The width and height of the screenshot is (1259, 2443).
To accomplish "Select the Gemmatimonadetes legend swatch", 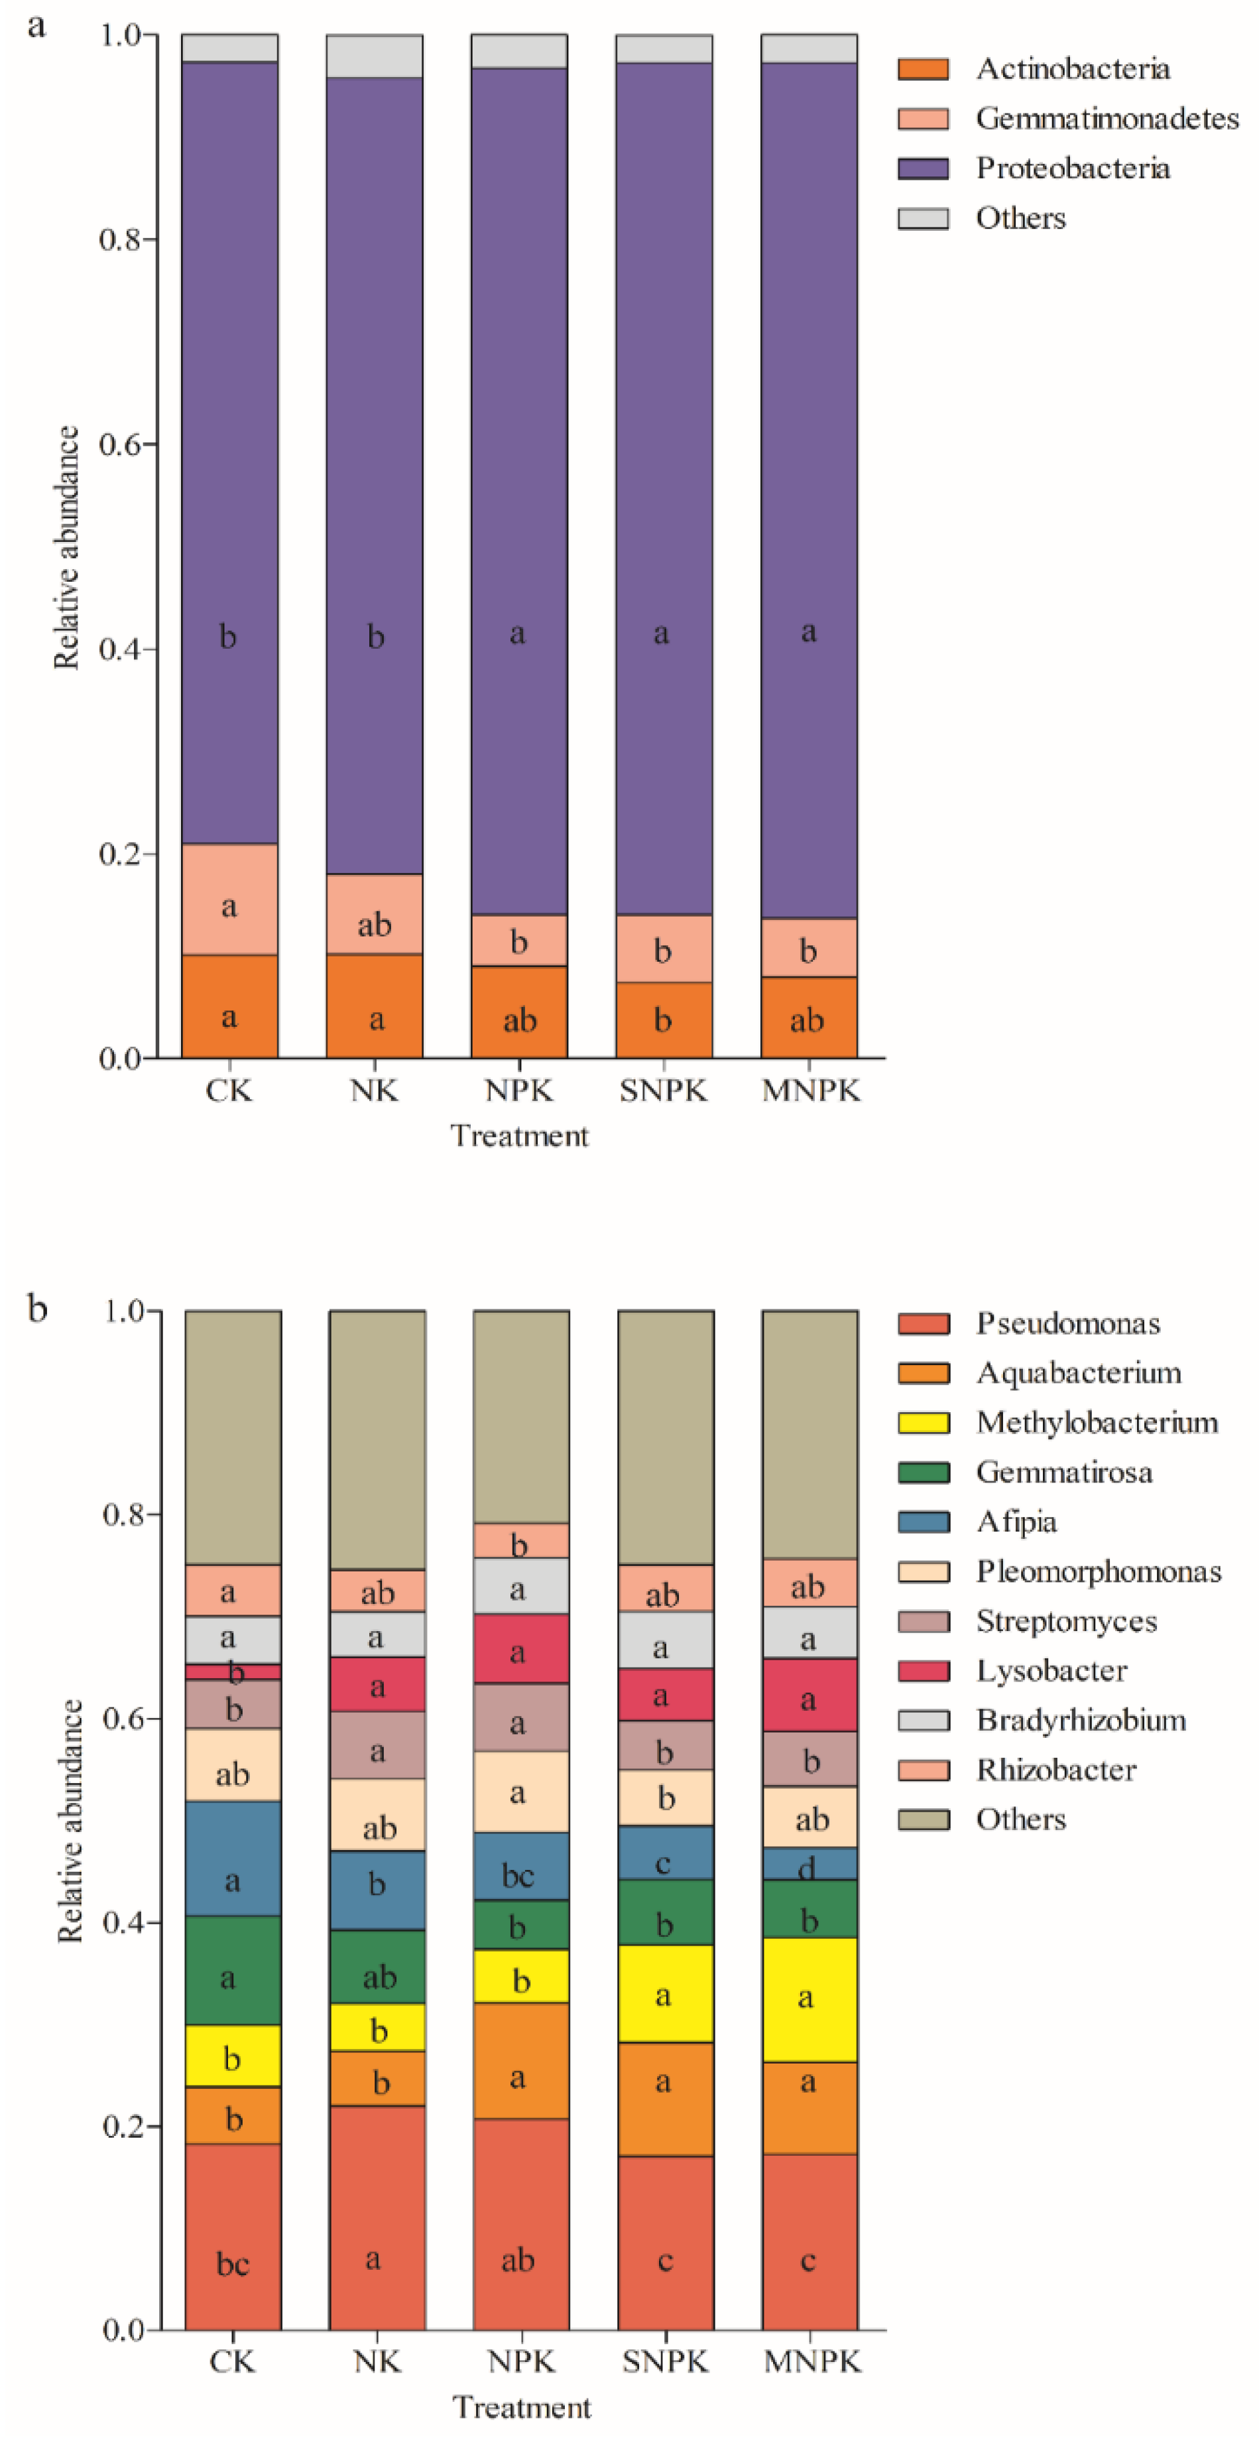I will pos(922,119).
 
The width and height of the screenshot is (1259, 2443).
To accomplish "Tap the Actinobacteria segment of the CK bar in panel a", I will pos(229,1006).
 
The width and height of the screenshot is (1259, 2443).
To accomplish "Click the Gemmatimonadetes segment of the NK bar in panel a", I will pos(375,913).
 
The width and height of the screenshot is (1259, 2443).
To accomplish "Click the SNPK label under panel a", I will pos(663,1090).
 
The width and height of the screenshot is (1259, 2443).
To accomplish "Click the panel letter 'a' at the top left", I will pos(36,26).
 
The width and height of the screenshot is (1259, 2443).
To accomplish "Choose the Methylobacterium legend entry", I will pos(1096,1423).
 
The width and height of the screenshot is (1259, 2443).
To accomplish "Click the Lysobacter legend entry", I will pos(1051,1670).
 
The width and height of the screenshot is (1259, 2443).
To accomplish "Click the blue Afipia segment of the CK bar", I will pos(232,1859).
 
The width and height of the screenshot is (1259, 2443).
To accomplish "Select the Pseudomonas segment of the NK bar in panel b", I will pos(377,2219).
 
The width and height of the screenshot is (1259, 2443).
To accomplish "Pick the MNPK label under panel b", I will pos(811,2361).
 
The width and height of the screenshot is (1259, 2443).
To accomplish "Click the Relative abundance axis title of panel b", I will pos(69,1821).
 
